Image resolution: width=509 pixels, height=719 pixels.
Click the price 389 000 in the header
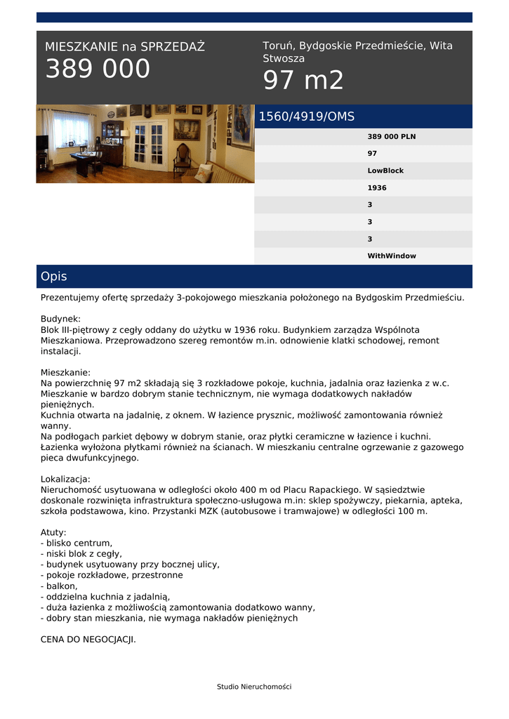pyautogui.click(x=98, y=69)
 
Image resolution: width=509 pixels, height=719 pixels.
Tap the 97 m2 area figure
pyautogui.click(x=303, y=81)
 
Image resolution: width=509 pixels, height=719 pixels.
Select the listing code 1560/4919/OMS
pyautogui.click(x=307, y=117)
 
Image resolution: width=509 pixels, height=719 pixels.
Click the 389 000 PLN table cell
pyautogui.click(x=391, y=137)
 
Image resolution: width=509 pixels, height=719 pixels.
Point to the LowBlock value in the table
pyautogui.click(x=385, y=171)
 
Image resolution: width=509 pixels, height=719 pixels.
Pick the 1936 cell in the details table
pyautogui.click(x=377, y=188)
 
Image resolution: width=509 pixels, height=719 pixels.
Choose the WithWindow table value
pyautogui.click(x=392, y=256)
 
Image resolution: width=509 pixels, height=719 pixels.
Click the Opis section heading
pyautogui.click(x=54, y=277)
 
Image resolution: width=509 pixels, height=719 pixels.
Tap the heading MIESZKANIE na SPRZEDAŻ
pyautogui.click(x=125, y=47)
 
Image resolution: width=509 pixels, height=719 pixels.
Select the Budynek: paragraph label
pyautogui.click(x=60, y=318)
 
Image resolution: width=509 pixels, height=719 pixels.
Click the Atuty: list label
pyautogui.click(x=53, y=532)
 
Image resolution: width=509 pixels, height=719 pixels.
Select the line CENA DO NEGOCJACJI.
pyautogui.click(x=88, y=640)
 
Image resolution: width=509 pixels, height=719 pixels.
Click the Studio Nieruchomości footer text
pyautogui.click(x=254, y=687)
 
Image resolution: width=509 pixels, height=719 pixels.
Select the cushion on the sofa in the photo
pyautogui.click(x=203, y=172)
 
